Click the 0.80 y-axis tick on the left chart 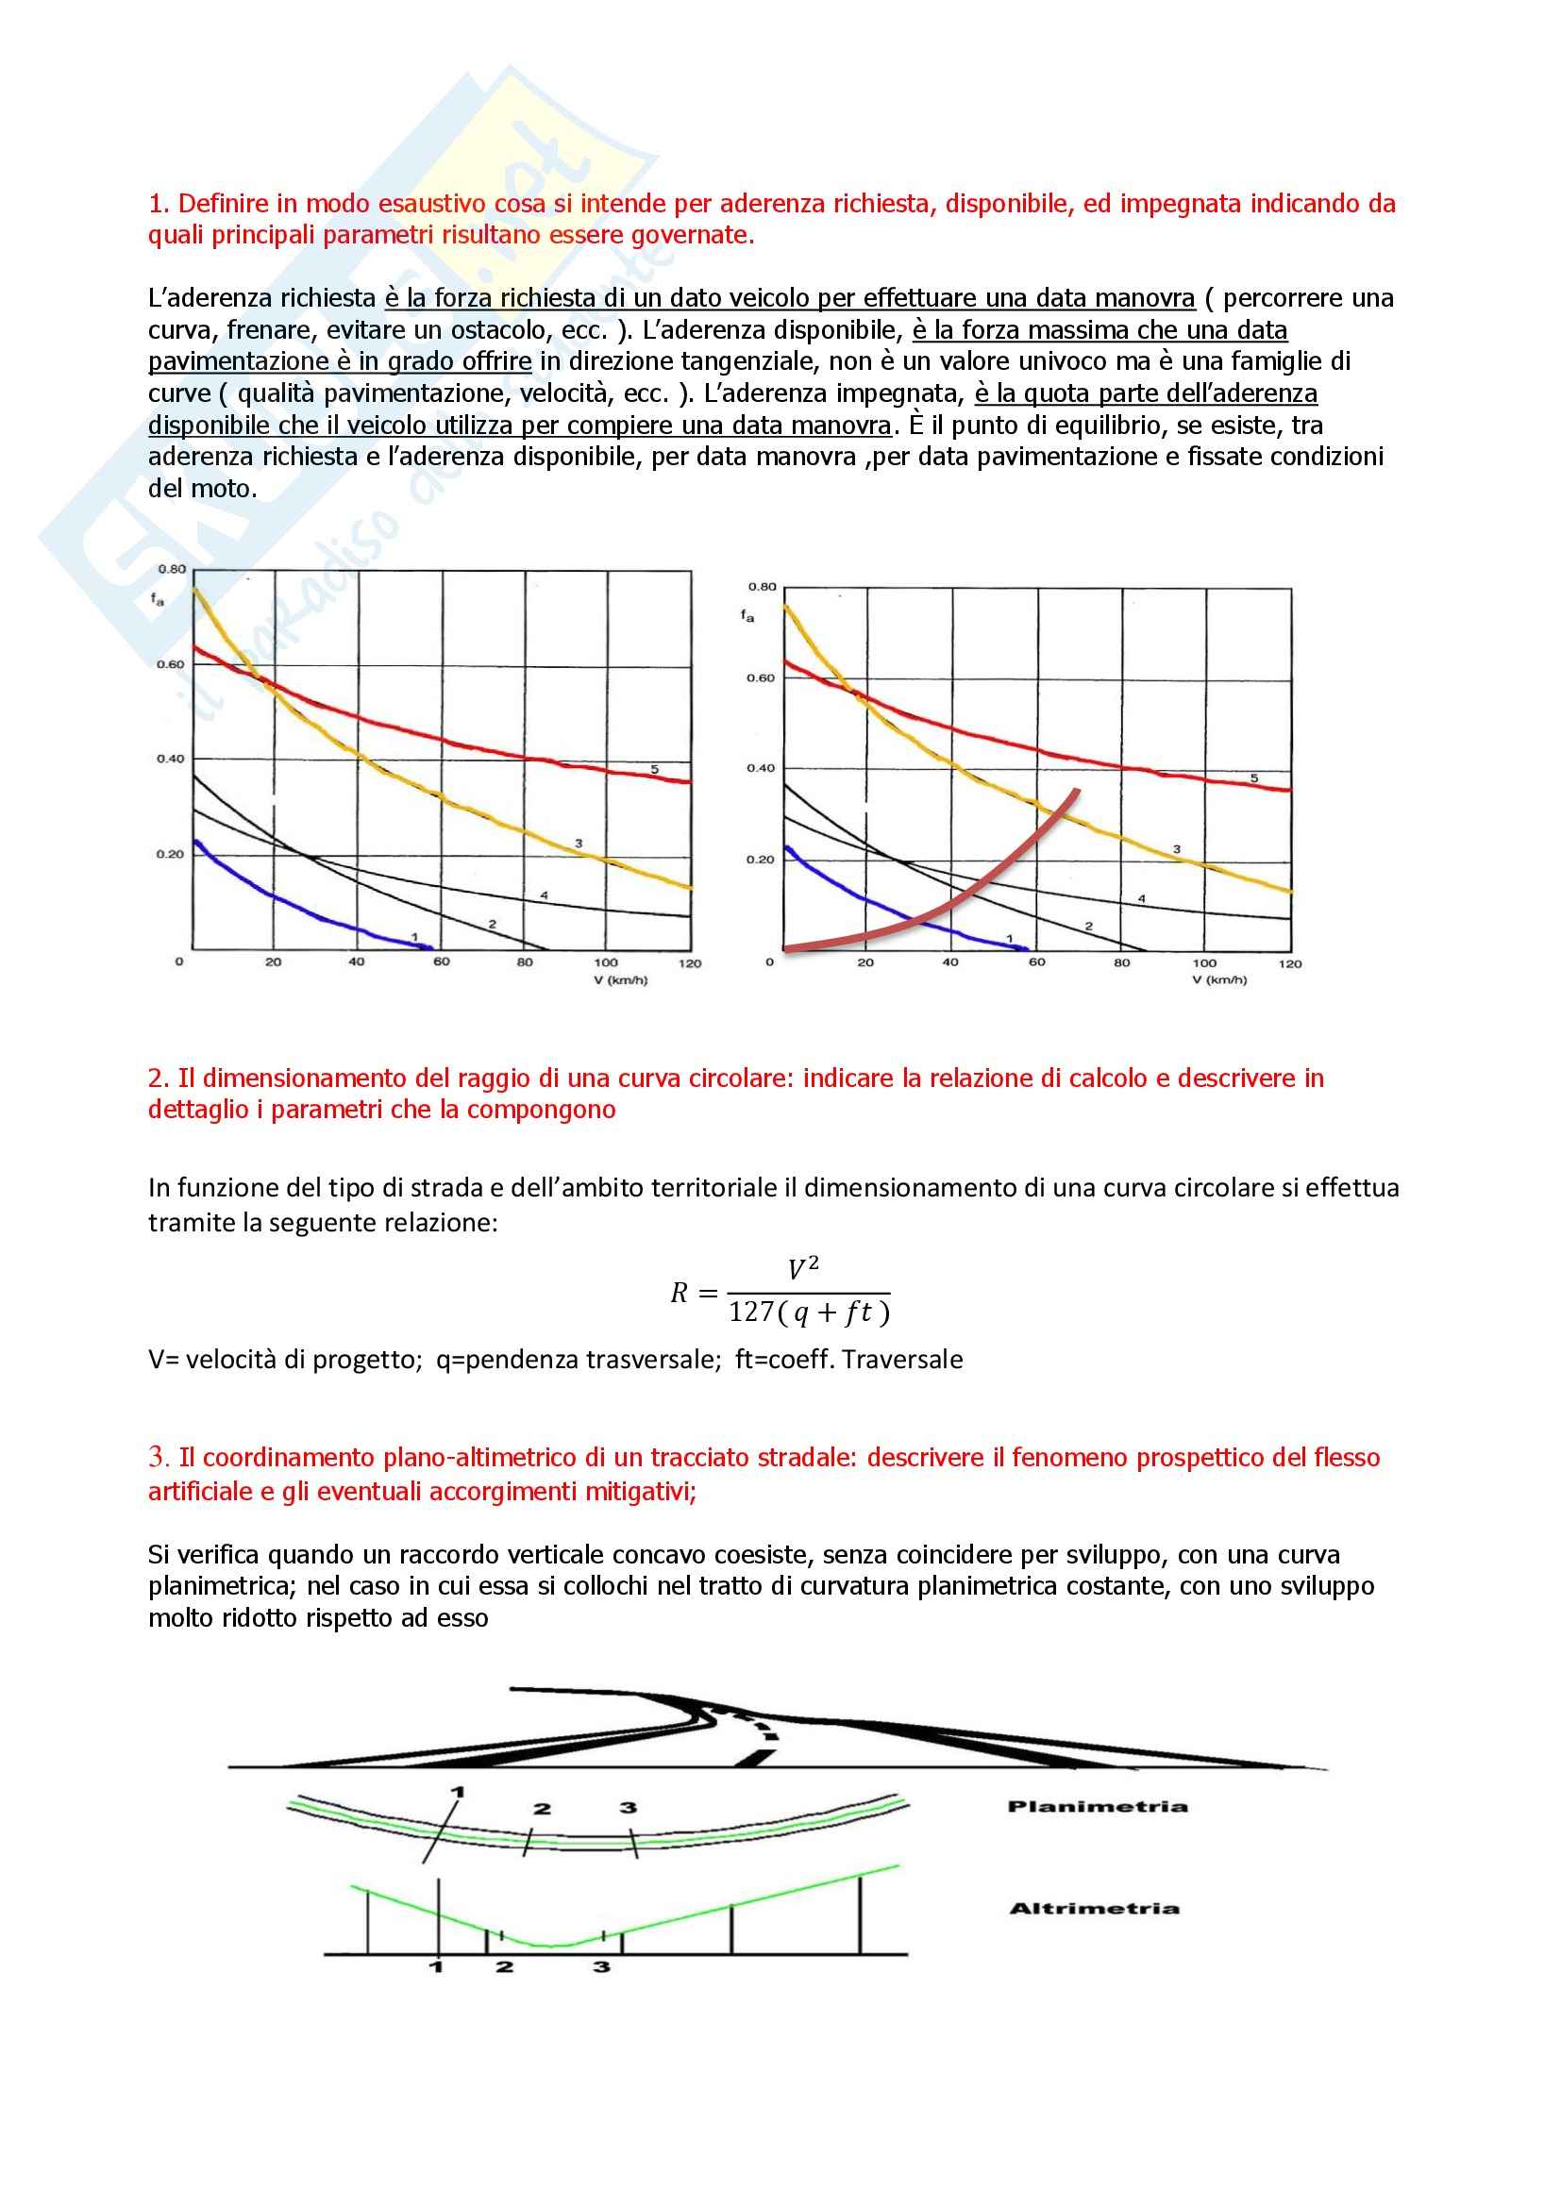[x=171, y=569]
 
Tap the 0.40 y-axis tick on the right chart [x=761, y=768]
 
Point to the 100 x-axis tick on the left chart [x=606, y=962]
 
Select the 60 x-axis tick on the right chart [x=1037, y=962]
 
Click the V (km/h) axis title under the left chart [x=620, y=980]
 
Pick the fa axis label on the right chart [x=747, y=615]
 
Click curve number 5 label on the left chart [x=655, y=769]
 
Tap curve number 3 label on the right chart [x=1177, y=850]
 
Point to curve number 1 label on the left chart [x=414, y=936]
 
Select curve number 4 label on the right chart [x=1142, y=899]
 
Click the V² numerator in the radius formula [x=802, y=1269]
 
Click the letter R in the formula [x=679, y=1293]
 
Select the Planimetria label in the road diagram [x=1097, y=1806]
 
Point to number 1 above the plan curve [x=458, y=1792]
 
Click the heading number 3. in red [x=159, y=1457]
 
